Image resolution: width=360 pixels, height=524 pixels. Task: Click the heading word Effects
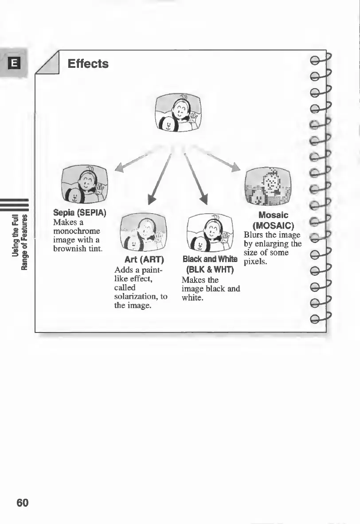(88, 64)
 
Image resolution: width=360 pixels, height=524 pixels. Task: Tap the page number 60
(22, 502)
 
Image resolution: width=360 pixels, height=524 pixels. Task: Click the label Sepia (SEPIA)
(79, 212)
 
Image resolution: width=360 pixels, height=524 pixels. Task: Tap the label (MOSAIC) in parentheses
(273, 225)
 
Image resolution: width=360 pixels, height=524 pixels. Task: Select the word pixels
(255, 262)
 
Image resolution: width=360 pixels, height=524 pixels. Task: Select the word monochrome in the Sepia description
(76, 231)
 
